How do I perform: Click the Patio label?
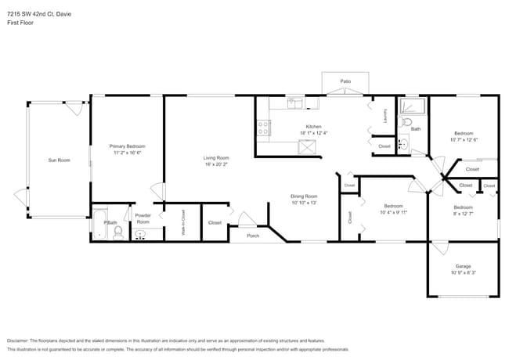click(345, 81)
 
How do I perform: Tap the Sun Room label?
click(59, 160)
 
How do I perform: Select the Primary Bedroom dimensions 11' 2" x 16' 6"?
click(127, 153)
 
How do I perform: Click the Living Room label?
click(216, 157)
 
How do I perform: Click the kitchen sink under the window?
click(295, 102)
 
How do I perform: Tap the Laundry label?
click(385, 116)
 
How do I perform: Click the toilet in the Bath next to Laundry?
click(406, 123)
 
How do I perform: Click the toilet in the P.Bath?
click(117, 232)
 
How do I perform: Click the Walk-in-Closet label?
click(183, 222)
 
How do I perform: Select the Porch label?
click(252, 236)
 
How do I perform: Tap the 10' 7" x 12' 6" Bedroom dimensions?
click(464, 140)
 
